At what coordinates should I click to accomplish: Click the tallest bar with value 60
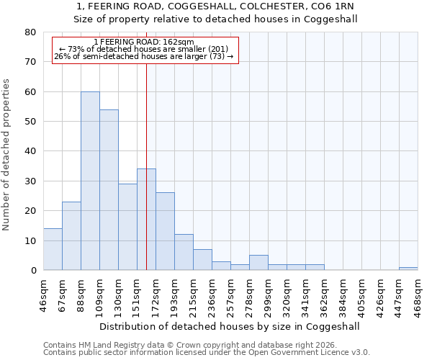90,181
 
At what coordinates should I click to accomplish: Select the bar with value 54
109,190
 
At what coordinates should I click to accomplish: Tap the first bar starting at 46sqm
53,249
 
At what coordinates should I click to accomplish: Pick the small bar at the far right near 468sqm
408,269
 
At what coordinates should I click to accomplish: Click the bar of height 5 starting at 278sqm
258,263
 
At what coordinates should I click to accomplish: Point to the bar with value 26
165,231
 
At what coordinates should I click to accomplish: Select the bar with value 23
71,236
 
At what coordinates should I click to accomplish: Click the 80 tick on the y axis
30,32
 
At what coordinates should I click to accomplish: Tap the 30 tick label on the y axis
30,181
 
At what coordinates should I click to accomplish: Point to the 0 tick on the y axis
32,270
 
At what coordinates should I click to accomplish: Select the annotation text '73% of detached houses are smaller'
144,49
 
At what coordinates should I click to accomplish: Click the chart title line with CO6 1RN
216,6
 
